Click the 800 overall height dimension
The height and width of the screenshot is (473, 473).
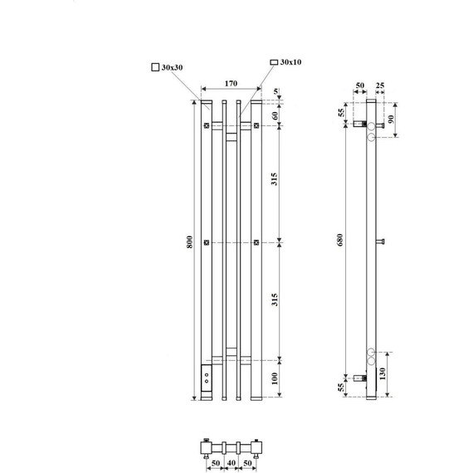189,241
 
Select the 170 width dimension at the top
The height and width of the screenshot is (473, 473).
231,83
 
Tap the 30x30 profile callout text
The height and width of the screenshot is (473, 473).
173,67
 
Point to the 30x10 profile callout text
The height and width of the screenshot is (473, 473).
290,62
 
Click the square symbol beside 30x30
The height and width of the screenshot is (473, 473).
155,67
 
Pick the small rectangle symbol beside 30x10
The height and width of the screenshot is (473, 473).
274,62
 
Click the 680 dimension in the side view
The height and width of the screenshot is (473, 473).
340,240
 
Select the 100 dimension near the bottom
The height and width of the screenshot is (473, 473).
274,378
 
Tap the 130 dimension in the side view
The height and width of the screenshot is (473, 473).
383,373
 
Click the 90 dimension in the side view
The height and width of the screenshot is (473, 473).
391,119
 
